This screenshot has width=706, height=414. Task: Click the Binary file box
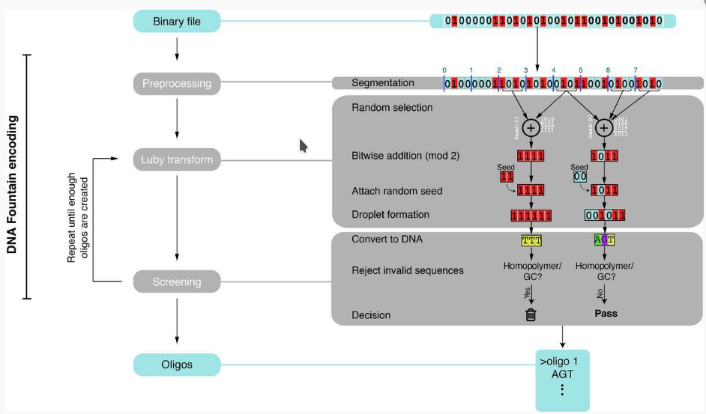coord(177,21)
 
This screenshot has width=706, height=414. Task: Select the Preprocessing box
coord(177,83)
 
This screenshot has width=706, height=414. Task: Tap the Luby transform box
coord(177,159)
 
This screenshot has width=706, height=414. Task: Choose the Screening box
coord(177,282)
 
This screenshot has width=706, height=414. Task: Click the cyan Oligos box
coord(177,365)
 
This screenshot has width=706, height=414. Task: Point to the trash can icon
coord(531,314)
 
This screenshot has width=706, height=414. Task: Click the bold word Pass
coord(606,314)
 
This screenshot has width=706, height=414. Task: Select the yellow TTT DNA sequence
coord(531,240)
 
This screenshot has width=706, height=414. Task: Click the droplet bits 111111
coord(531,216)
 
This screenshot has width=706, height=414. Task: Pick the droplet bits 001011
coord(606,216)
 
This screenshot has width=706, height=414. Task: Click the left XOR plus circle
coord(531,128)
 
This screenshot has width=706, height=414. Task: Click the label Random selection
coord(392,108)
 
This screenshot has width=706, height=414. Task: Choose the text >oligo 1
coord(561,361)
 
